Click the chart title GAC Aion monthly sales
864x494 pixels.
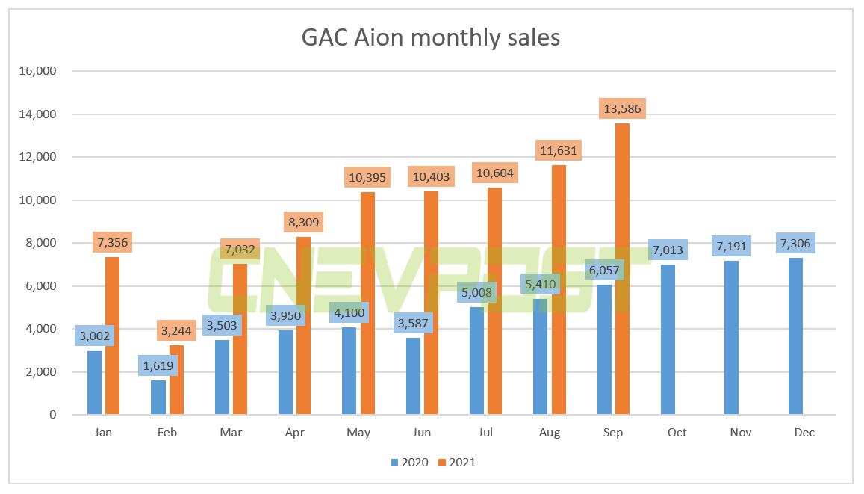[431, 37]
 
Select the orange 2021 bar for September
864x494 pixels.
[622, 269]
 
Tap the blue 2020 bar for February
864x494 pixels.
[158, 397]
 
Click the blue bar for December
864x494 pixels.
[796, 336]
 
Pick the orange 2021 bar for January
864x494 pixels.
[113, 336]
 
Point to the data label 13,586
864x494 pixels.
[622, 109]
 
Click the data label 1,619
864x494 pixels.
[158, 366]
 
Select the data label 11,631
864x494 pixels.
[559, 151]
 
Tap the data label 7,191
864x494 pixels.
[732, 247]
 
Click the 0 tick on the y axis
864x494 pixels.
[52, 415]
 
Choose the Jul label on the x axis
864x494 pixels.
[485, 433]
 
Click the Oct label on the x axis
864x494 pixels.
[677, 433]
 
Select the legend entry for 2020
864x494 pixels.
[409, 463]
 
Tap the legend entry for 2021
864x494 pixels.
[456, 463]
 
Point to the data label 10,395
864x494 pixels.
[367, 178]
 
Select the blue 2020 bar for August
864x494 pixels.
[541, 359]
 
